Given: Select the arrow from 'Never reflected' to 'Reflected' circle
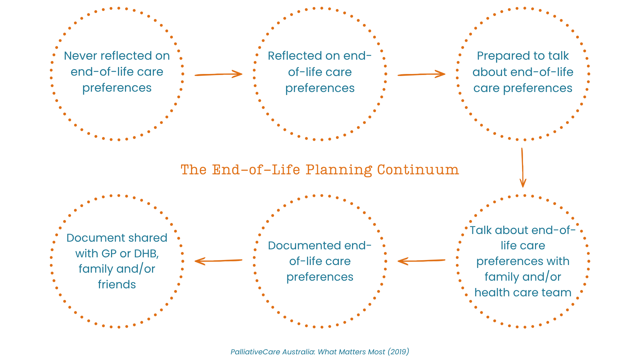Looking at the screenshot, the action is point(218,74).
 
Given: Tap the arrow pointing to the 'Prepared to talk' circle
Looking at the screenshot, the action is point(421,74).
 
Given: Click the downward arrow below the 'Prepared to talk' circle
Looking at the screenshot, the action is point(523,168).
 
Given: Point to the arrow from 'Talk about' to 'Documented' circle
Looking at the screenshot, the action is point(421,261).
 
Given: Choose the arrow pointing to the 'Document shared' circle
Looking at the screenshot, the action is point(218,261).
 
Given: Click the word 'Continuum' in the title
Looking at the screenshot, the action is point(418,170).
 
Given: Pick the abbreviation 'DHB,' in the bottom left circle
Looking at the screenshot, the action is point(146,254).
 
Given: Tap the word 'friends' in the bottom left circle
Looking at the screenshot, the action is point(117,284).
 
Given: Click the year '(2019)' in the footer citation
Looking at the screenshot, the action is point(398,352).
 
